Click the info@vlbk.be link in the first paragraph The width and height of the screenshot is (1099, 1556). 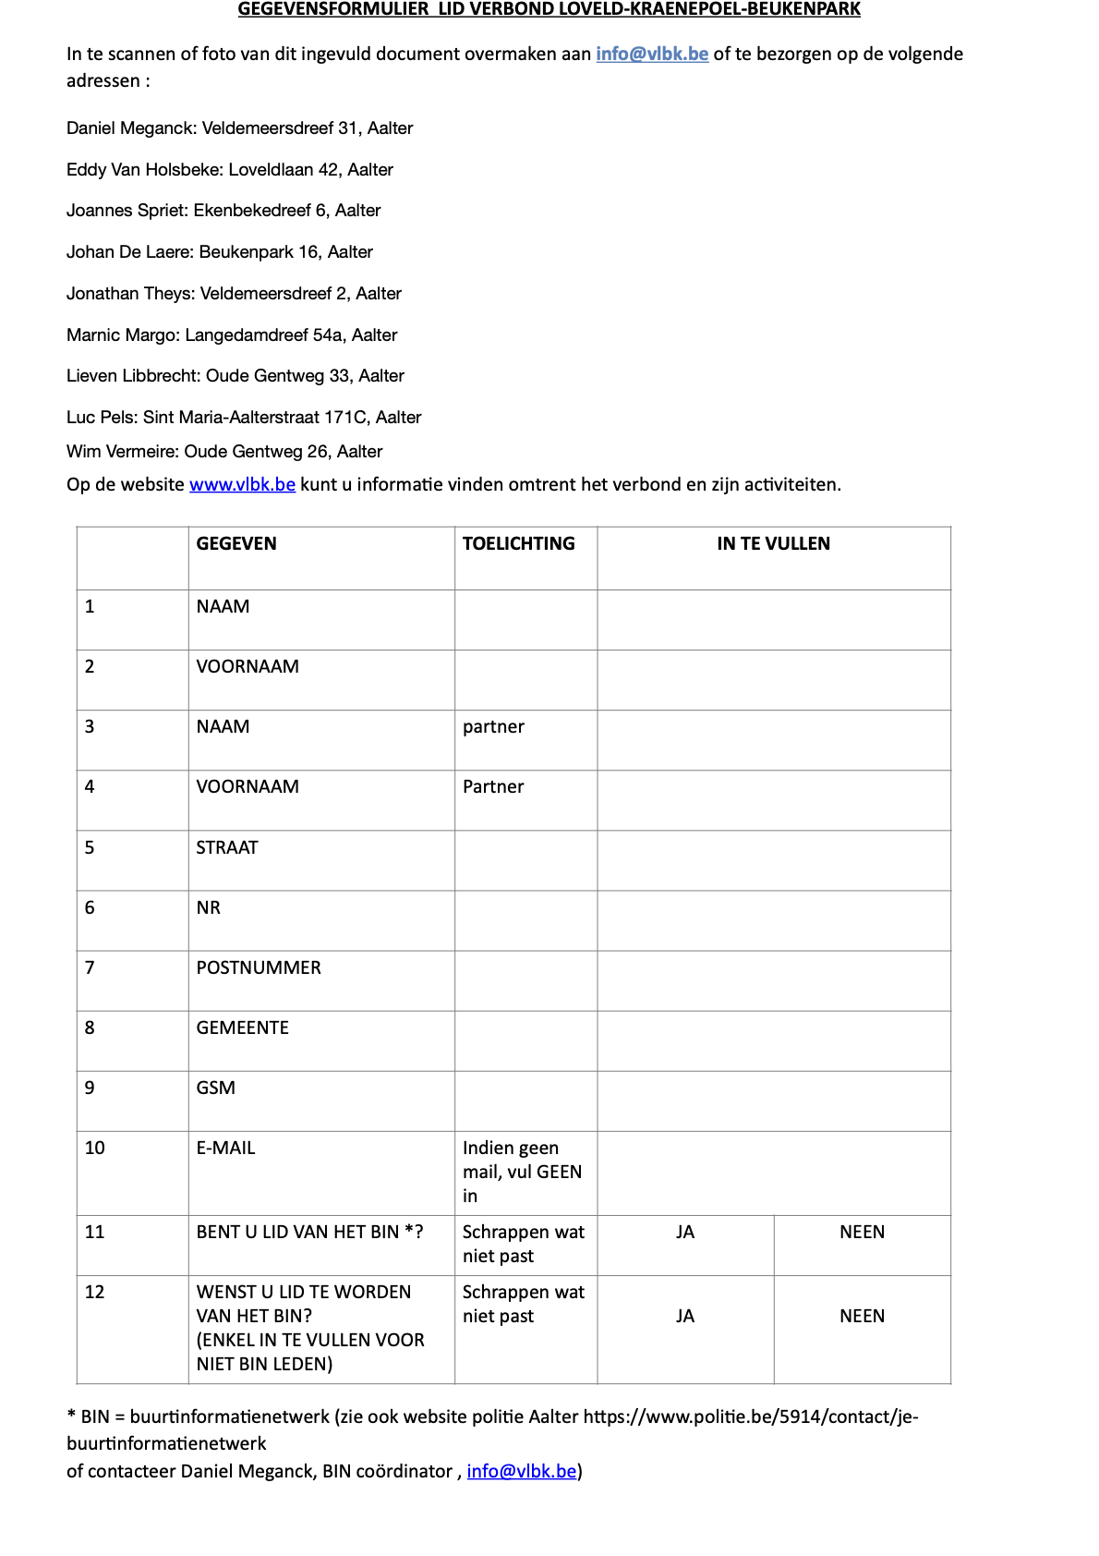pyautogui.click(x=652, y=54)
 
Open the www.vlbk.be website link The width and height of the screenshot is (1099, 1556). pyautogui.click(x=242, y=484)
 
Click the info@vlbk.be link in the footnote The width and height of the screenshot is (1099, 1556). pyautogui.click(x=522, y=1471)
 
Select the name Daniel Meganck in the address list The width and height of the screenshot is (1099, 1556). pyautogui.click(x=130, y=128)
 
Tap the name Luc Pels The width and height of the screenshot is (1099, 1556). pyautogui.click(x=101, y=418)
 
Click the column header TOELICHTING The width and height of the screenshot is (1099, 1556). pyautogui.click(x=518, y=543)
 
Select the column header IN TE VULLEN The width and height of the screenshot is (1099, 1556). pyautogui.click(x=773, y=543)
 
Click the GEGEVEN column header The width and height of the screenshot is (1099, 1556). pyautogui.click(x=236, y=543)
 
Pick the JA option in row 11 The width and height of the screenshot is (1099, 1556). pyautogui.click(x=684, y=1232)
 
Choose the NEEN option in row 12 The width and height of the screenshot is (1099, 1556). pyautogui.click(x=862, y=1316)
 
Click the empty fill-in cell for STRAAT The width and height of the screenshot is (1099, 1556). pyautogui.click(x=773, y=860)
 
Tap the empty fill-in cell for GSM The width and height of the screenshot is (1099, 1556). pyautogui.click(x=773, y=1100)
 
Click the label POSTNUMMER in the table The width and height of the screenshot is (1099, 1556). pyautogui.click(x=259, y=967)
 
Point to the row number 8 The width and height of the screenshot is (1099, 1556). pyautogui.click(x=90, y=1027)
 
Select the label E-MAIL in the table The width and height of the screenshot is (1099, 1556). pyautogui.click(x=225, y=1148)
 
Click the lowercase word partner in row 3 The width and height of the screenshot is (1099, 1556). pyautogui.click(x=493, y=727)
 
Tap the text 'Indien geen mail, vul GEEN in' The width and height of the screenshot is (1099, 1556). pyautogui.click(x=522, y=1172)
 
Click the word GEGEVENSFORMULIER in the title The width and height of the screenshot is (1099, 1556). pyautogui.click(x=333, y=9)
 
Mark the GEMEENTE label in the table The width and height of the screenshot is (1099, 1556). pyautogui.click(x=242, y=1027)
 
